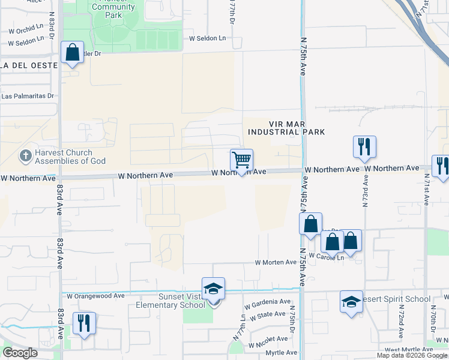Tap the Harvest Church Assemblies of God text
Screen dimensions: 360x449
[70, 157]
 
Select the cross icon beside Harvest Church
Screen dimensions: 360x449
[25, 156]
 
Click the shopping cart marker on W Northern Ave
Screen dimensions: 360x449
[241, 161]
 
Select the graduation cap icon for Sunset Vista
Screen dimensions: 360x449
[213, 289]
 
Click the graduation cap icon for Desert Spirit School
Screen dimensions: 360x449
[351, 302]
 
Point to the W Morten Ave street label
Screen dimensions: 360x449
[276, 262]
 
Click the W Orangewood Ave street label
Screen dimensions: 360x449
[95, 296]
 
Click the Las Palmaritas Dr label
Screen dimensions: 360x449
[28, 95]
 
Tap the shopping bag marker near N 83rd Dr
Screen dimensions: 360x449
[72, 53]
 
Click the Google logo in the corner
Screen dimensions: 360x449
[20, 353]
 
